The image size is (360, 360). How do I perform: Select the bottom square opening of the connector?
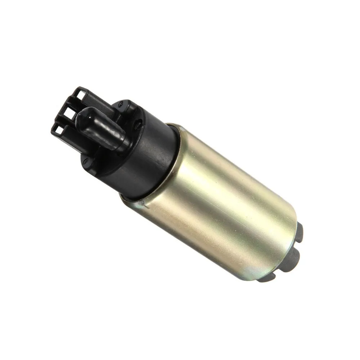coord(59,129)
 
